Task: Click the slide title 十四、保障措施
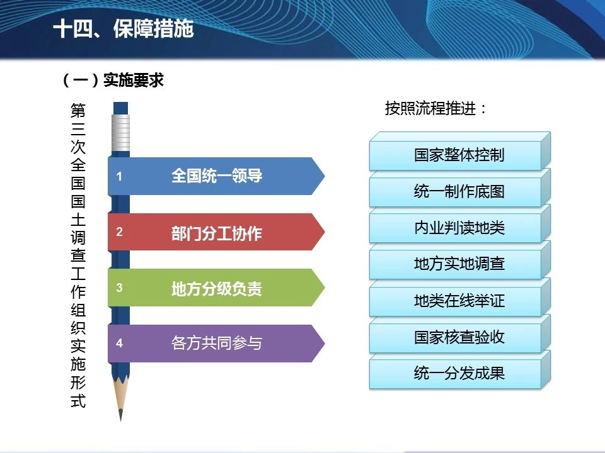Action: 124,29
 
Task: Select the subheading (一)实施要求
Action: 113,80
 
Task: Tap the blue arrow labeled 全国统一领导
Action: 216,176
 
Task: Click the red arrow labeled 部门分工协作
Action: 216,232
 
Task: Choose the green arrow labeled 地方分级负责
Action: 216,288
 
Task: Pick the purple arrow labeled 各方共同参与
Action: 216,344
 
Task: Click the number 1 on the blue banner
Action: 119,176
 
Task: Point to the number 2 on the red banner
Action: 119,232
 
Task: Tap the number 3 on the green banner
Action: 119,288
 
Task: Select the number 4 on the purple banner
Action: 119,344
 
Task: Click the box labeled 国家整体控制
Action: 459,152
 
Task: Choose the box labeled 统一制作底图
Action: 459,188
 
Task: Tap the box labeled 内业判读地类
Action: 459,225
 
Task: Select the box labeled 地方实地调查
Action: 459,261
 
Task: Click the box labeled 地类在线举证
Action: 459,298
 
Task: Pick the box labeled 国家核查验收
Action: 459,334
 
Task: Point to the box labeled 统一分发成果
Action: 459,370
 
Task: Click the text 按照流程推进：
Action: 435,108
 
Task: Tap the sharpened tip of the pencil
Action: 121,419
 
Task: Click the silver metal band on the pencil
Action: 121,133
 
